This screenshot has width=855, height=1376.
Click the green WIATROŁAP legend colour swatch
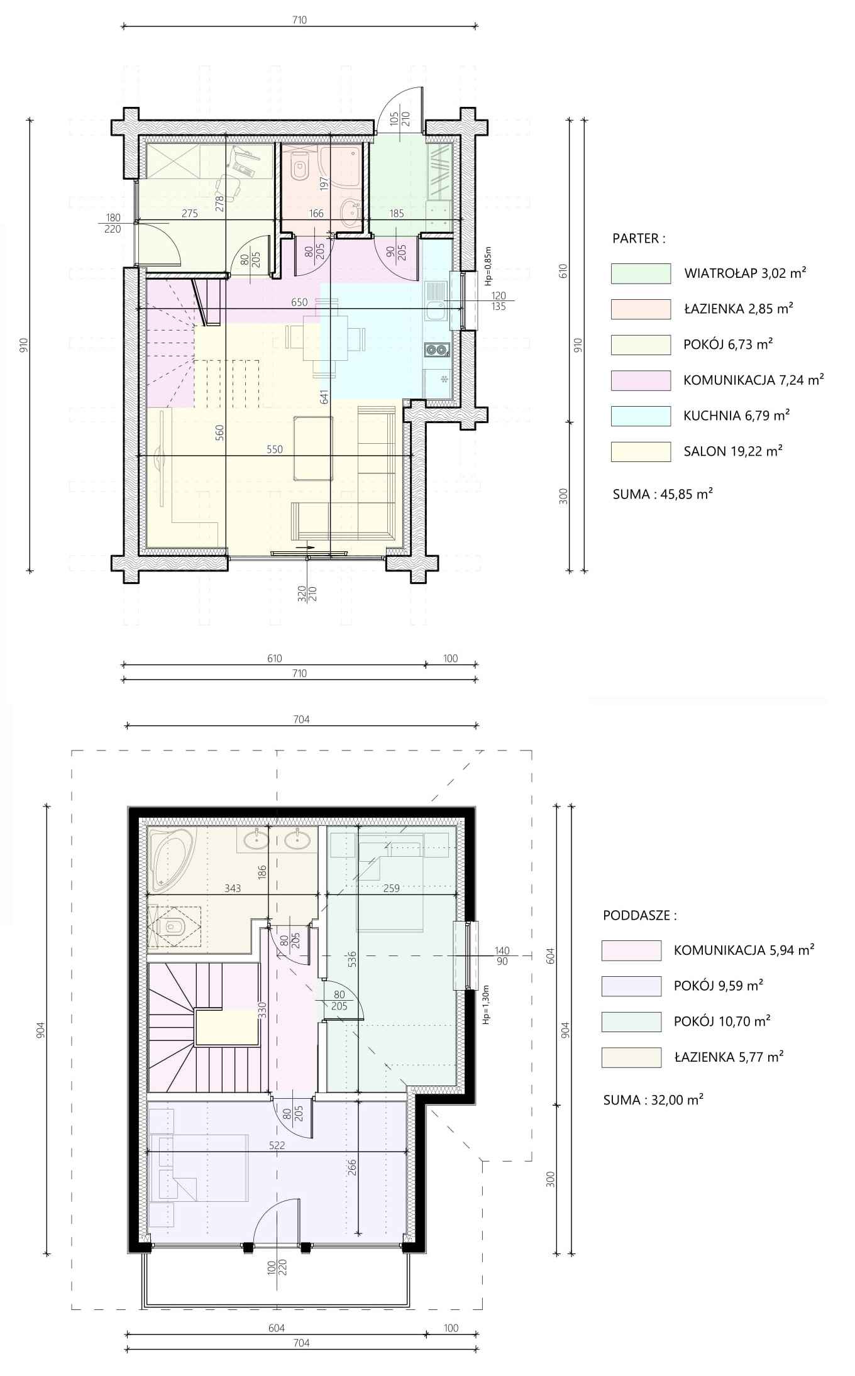[641, 273]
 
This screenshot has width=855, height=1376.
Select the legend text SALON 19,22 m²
[733, 451]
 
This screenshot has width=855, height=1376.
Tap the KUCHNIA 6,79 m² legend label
[737, 416]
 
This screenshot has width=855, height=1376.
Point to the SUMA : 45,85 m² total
[663, 494]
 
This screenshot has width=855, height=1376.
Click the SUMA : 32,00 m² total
[653, 1100]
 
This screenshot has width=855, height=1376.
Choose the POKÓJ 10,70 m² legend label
[722, 1021]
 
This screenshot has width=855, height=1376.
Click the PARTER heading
[639, 239]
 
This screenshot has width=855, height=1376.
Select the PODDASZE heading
[640, 915]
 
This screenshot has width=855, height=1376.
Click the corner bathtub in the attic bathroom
[171, 859]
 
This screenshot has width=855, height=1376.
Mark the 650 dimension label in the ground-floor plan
[299, 302]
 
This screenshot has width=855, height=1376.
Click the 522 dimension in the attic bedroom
[277, 1145]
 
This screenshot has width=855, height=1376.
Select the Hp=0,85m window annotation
[488, 266]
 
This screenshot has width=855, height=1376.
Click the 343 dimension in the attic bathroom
[232, 888]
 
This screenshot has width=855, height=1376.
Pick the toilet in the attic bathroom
[171, 927]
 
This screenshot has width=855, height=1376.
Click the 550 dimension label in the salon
[275, 449]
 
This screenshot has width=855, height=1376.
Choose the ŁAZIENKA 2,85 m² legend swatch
[641, 309]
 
